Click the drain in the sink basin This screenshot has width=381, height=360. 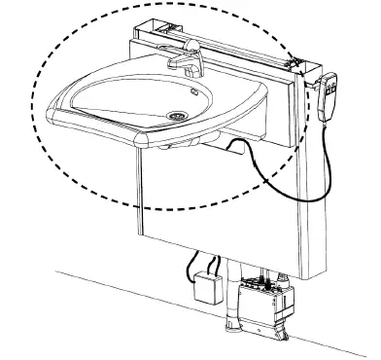[x=178, y=114]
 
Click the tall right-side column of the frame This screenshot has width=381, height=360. [x=309, y=195]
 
